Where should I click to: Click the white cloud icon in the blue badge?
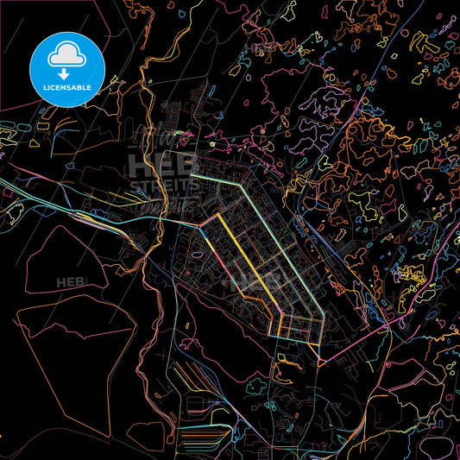point(68,54)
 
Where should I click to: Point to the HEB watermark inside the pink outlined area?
point(69,283)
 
